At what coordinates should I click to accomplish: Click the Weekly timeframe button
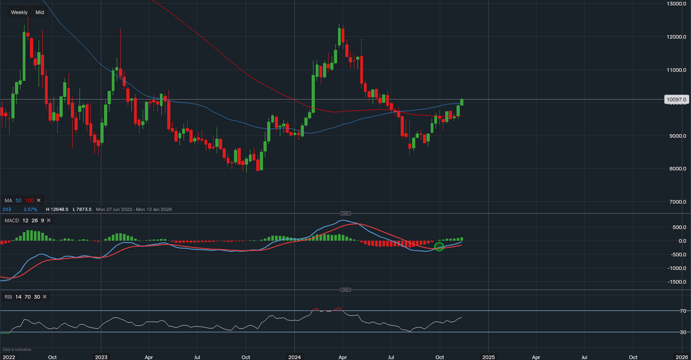(19, 12)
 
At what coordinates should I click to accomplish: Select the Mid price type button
(40, 12)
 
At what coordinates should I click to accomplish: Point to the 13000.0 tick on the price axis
(676, 4)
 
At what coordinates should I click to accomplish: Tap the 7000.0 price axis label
(676, 202)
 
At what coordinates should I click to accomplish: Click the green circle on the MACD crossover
(439, 247)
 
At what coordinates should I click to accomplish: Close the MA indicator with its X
(39, 200)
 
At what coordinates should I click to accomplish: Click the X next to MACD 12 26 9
(49, 220)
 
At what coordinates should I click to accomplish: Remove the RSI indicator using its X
(45, 297)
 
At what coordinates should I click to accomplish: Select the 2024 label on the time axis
(294, 357)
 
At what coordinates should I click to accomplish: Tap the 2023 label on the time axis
(101, 357)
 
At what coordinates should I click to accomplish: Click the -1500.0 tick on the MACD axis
(676, 282)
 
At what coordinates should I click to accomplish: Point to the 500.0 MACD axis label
(679, 227)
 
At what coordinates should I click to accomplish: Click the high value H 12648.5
(57, 209)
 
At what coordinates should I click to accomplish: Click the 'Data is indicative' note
(17, 350)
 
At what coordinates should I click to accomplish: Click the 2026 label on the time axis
(681, 357)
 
